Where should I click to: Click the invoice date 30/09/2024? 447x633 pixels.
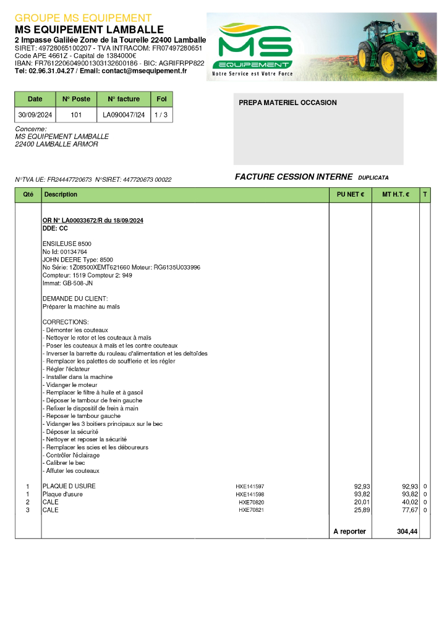(x=35, y=115)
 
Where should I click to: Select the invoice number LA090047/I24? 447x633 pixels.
(x=124, y=115)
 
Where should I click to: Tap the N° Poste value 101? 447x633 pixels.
(x=76, y=115)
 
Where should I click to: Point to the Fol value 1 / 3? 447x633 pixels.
(x=161, y=115)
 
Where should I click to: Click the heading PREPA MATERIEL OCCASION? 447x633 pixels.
(x=287, y=103)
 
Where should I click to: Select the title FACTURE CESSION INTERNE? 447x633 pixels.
(x=294, y=177)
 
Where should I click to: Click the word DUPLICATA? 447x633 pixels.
(x=373, y=178)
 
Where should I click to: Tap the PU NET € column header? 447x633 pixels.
(x=350, y=195)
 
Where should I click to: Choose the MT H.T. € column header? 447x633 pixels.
(x=396, y=195)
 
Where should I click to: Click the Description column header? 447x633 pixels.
(x=61, y=195)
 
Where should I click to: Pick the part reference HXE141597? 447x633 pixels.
(x=250, y=486)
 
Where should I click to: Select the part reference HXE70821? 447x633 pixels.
(x=252, y=511)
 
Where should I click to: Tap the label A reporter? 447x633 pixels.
(x=350, y=532)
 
